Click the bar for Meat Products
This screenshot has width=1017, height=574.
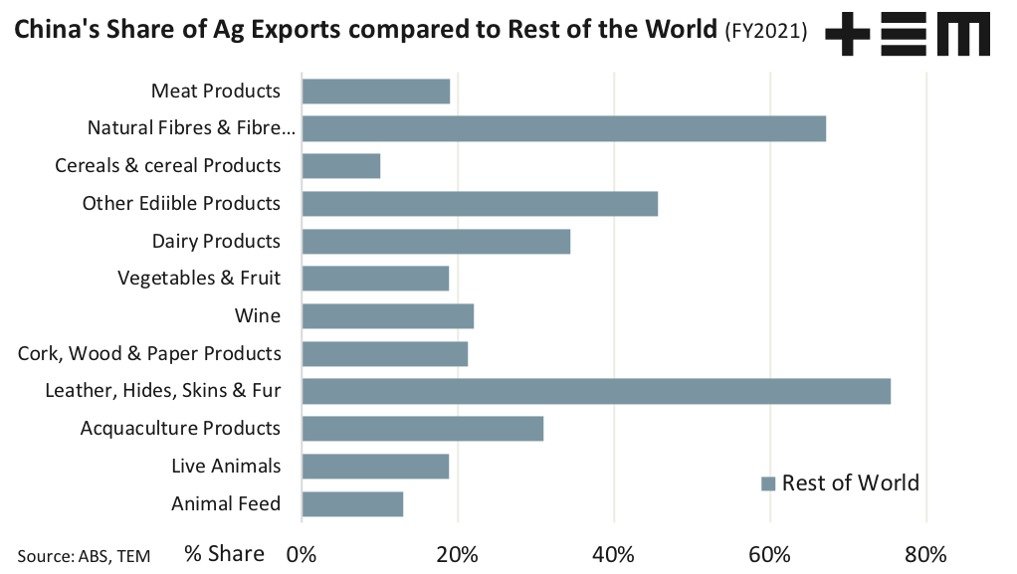coord(375,92)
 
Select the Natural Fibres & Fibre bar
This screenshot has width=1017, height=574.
coord(563,128)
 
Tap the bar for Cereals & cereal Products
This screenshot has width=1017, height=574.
coord(340,166)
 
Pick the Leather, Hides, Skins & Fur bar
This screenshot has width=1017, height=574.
coord(595,391)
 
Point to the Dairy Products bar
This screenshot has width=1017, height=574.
coord(436,241)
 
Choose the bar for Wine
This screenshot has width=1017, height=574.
coord(387,316)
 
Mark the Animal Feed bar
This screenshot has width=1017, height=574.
coord(352,503)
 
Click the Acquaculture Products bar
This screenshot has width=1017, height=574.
coord(422,429)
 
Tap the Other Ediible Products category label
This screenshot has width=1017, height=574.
coord(181,203)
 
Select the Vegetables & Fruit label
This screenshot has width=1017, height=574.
coord(199,279)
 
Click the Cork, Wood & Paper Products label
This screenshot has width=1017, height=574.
coord(149,353)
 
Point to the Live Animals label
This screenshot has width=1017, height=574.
coord(226,466)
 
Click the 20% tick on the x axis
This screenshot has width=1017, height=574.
coord(458,554)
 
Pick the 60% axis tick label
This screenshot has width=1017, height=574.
coord(770,554)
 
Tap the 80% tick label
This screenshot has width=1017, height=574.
coord(926,554)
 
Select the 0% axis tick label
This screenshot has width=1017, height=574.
coord(302,554)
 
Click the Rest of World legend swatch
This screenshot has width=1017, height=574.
coord(768,484)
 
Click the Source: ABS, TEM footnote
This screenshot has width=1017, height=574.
coord(84,556)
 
